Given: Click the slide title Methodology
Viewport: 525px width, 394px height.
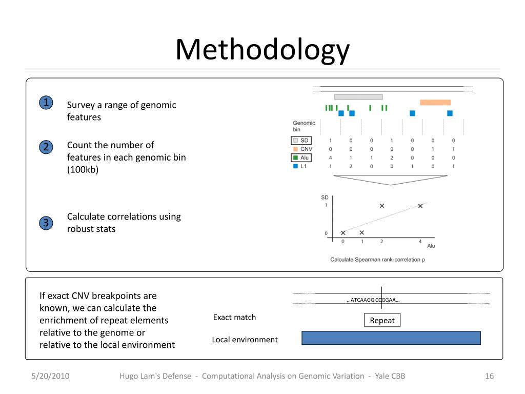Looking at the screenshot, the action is coord(262,50).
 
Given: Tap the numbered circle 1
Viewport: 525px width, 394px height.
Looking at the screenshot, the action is coord(46,103).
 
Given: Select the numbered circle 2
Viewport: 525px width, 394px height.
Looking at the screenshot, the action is coord(46,147).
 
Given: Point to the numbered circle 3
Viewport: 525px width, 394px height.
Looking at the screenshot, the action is coord(46,223).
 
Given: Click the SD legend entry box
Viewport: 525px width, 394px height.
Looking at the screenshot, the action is coord(301,141).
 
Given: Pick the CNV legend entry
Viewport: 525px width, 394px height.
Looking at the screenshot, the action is coord(302,149).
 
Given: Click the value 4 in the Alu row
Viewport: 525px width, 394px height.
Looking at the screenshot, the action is coord(331,158).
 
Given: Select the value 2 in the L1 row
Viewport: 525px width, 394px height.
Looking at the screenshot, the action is coord(351,167).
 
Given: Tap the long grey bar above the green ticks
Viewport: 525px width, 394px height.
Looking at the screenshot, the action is coord(358,97).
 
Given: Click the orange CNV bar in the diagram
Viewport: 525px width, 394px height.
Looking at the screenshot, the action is coord(435,103).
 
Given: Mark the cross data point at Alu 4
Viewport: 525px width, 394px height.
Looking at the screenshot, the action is coord(420,206).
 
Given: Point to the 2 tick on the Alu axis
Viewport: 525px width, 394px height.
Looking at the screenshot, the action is coord(381,241).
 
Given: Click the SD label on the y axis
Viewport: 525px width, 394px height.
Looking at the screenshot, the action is coord(325,198).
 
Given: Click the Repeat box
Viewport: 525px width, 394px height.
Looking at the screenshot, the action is coord(382,321).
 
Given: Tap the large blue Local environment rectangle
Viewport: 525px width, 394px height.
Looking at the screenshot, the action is coord(391,338).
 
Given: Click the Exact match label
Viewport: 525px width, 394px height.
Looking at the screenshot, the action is coord(234,318).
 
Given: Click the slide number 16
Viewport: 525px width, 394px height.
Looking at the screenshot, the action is coord(489,376).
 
